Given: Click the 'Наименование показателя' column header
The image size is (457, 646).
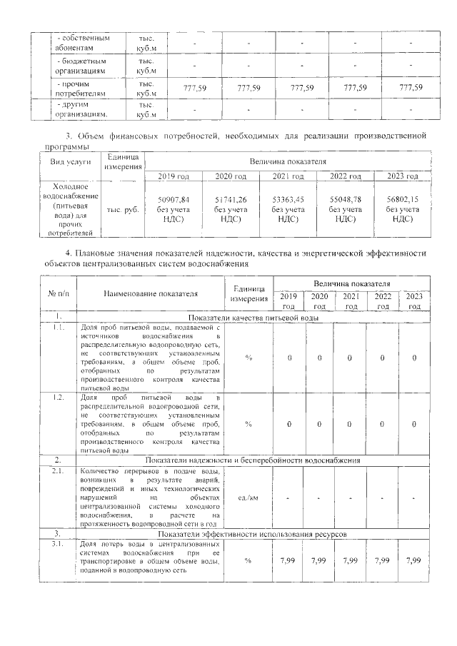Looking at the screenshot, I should (x=150, y=293).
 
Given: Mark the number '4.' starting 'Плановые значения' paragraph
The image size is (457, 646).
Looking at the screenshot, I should (x=69, y=253).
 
